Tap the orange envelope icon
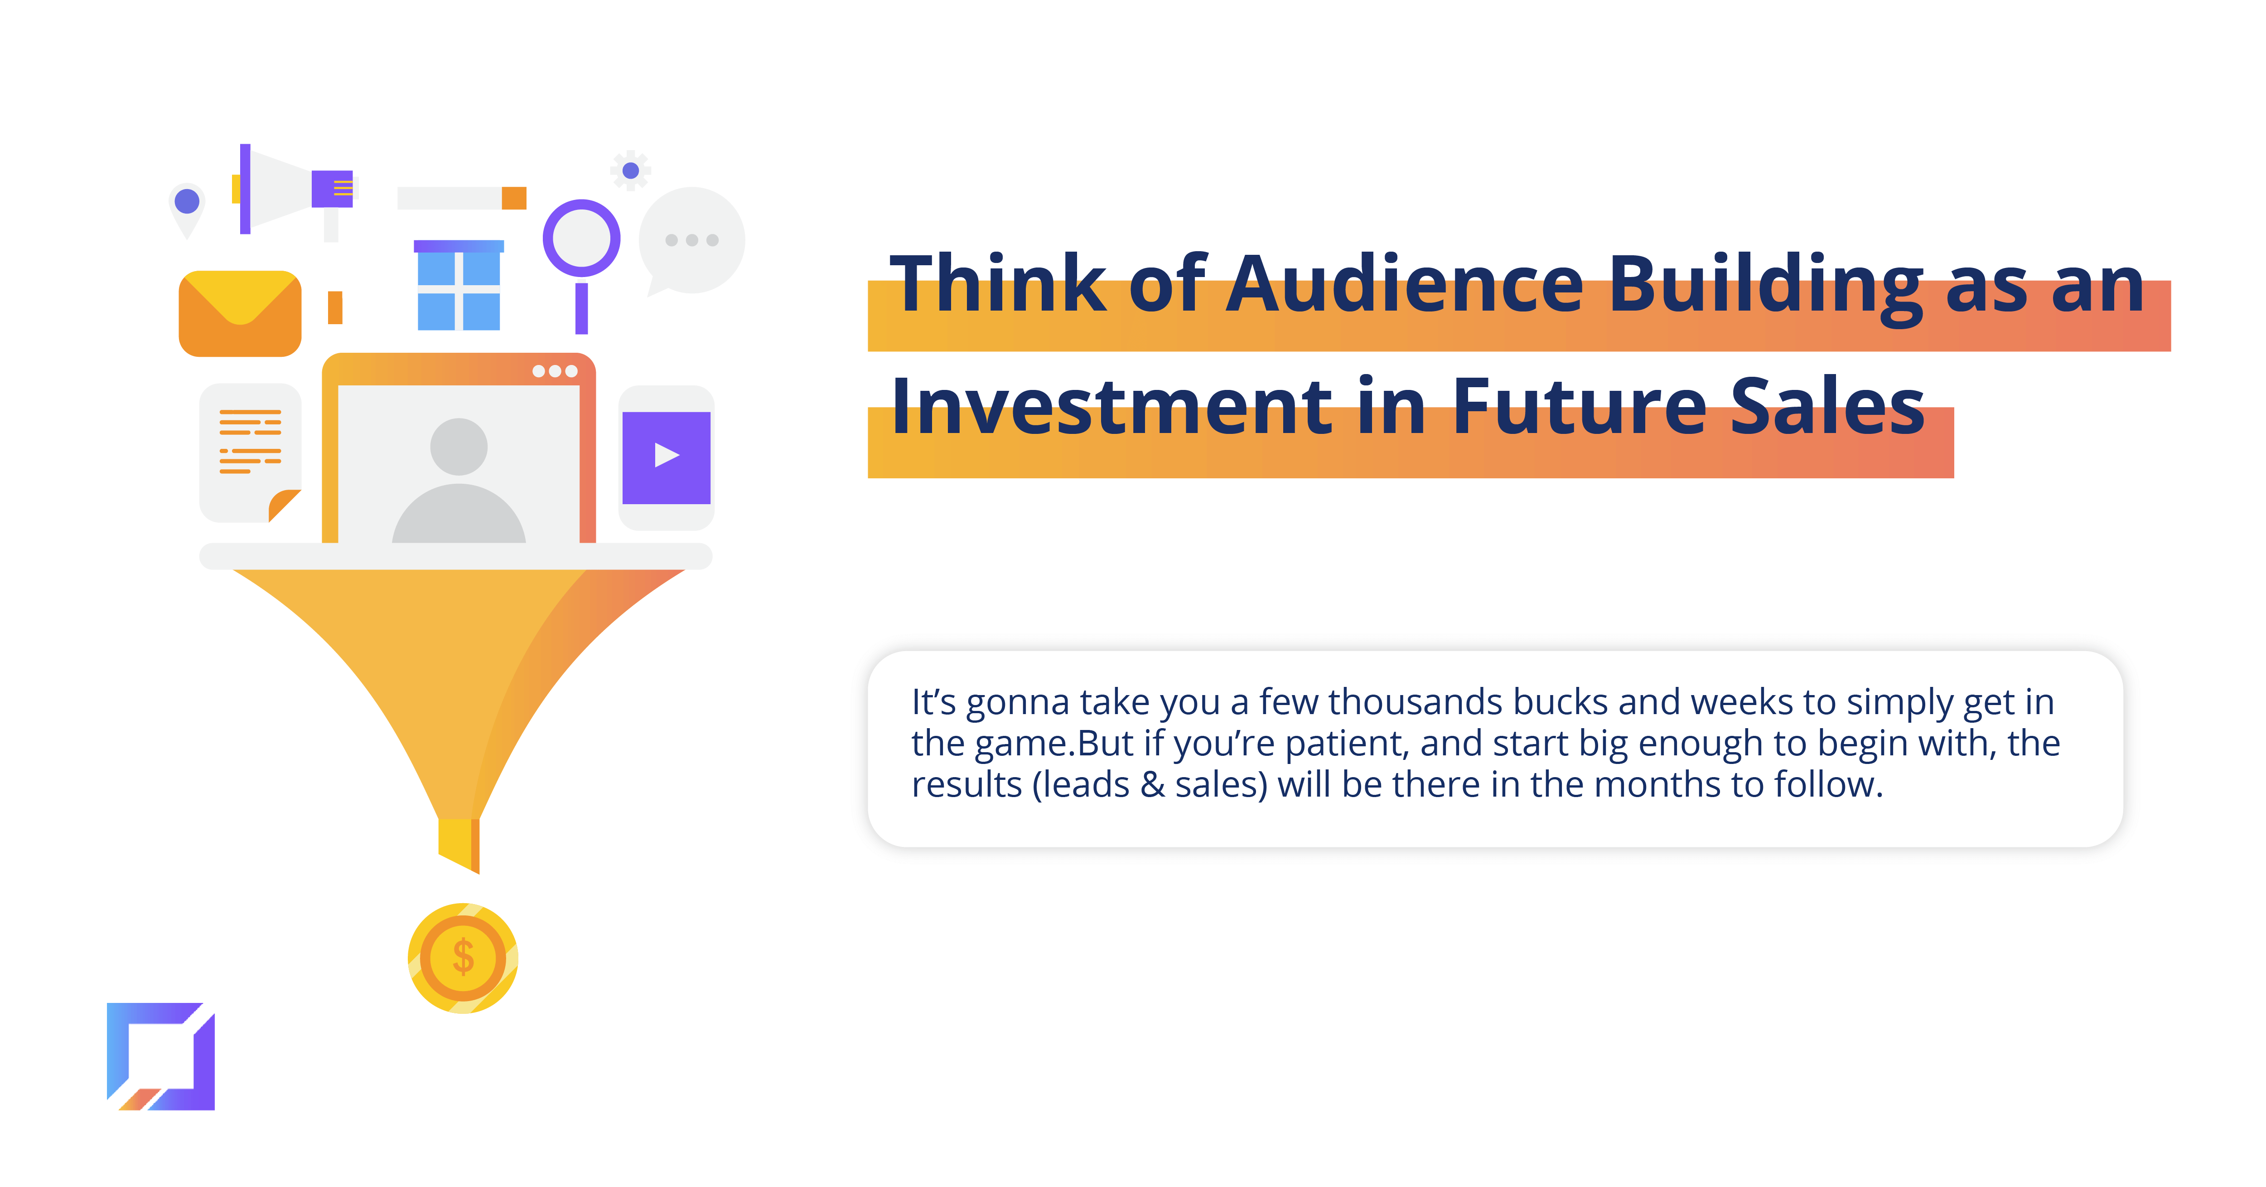point(240,313)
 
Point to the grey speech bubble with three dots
point(692,241)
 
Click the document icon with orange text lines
point(251,452)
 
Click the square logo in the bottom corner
point(161,1056)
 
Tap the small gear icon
point(631,170)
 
